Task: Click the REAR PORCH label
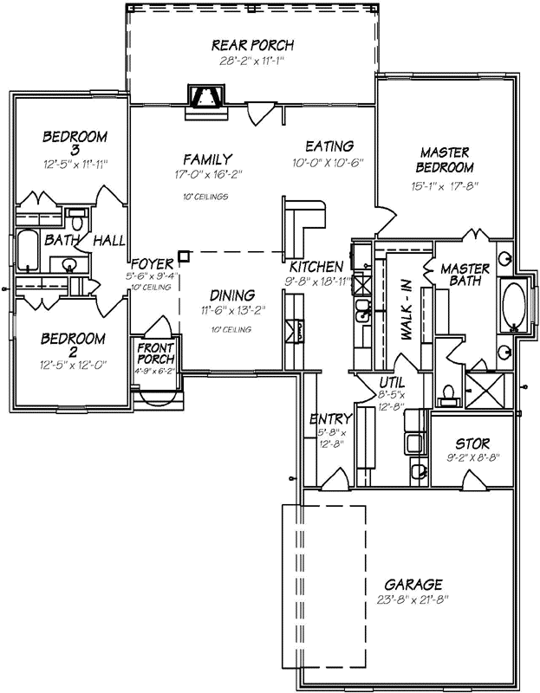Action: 253,45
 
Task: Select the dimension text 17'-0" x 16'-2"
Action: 207,174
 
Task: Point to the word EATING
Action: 329,146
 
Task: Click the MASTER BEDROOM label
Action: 445,159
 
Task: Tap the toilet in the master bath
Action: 447,393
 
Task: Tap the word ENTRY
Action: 330,420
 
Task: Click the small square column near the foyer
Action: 184,256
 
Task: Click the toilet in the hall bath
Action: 76,217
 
